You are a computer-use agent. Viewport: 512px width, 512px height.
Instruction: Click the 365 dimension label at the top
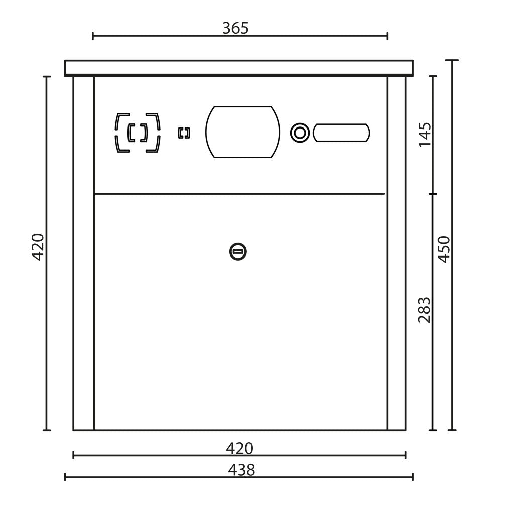point(235,28)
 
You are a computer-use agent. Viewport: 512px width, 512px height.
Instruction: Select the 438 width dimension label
point(241,470)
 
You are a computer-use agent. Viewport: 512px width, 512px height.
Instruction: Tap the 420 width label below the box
point(239,449)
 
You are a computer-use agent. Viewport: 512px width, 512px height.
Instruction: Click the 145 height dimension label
point(425,135)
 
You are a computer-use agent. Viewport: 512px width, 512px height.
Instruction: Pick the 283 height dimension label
point(425,310)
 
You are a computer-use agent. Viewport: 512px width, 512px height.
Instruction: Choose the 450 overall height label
point(444,249)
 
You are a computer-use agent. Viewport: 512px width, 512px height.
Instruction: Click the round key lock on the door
point(238,252)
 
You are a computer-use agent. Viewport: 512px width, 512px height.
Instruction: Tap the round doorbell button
point(300,133)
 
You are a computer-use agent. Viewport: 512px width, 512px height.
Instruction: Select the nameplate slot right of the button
point(341,133)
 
